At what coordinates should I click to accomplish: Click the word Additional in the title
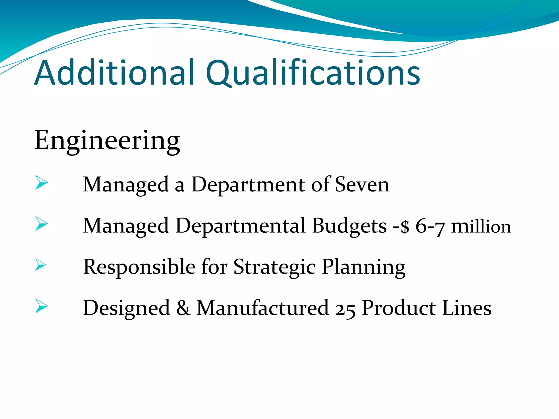click(x=115, y=73)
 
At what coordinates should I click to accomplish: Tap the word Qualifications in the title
click(x=313, y=73)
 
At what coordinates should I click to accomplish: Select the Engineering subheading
click(x=107, y=141)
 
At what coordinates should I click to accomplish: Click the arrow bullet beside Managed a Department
click(x=41, y=183)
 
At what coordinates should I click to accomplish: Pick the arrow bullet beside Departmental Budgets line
click(x=41, y=224)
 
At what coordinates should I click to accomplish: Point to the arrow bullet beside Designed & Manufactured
click(x=41, y=306)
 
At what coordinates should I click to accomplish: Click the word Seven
click(x=362, y=185)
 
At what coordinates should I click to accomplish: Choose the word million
click(x=481, y=226)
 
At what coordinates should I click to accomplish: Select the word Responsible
click(x=139, y=267)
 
